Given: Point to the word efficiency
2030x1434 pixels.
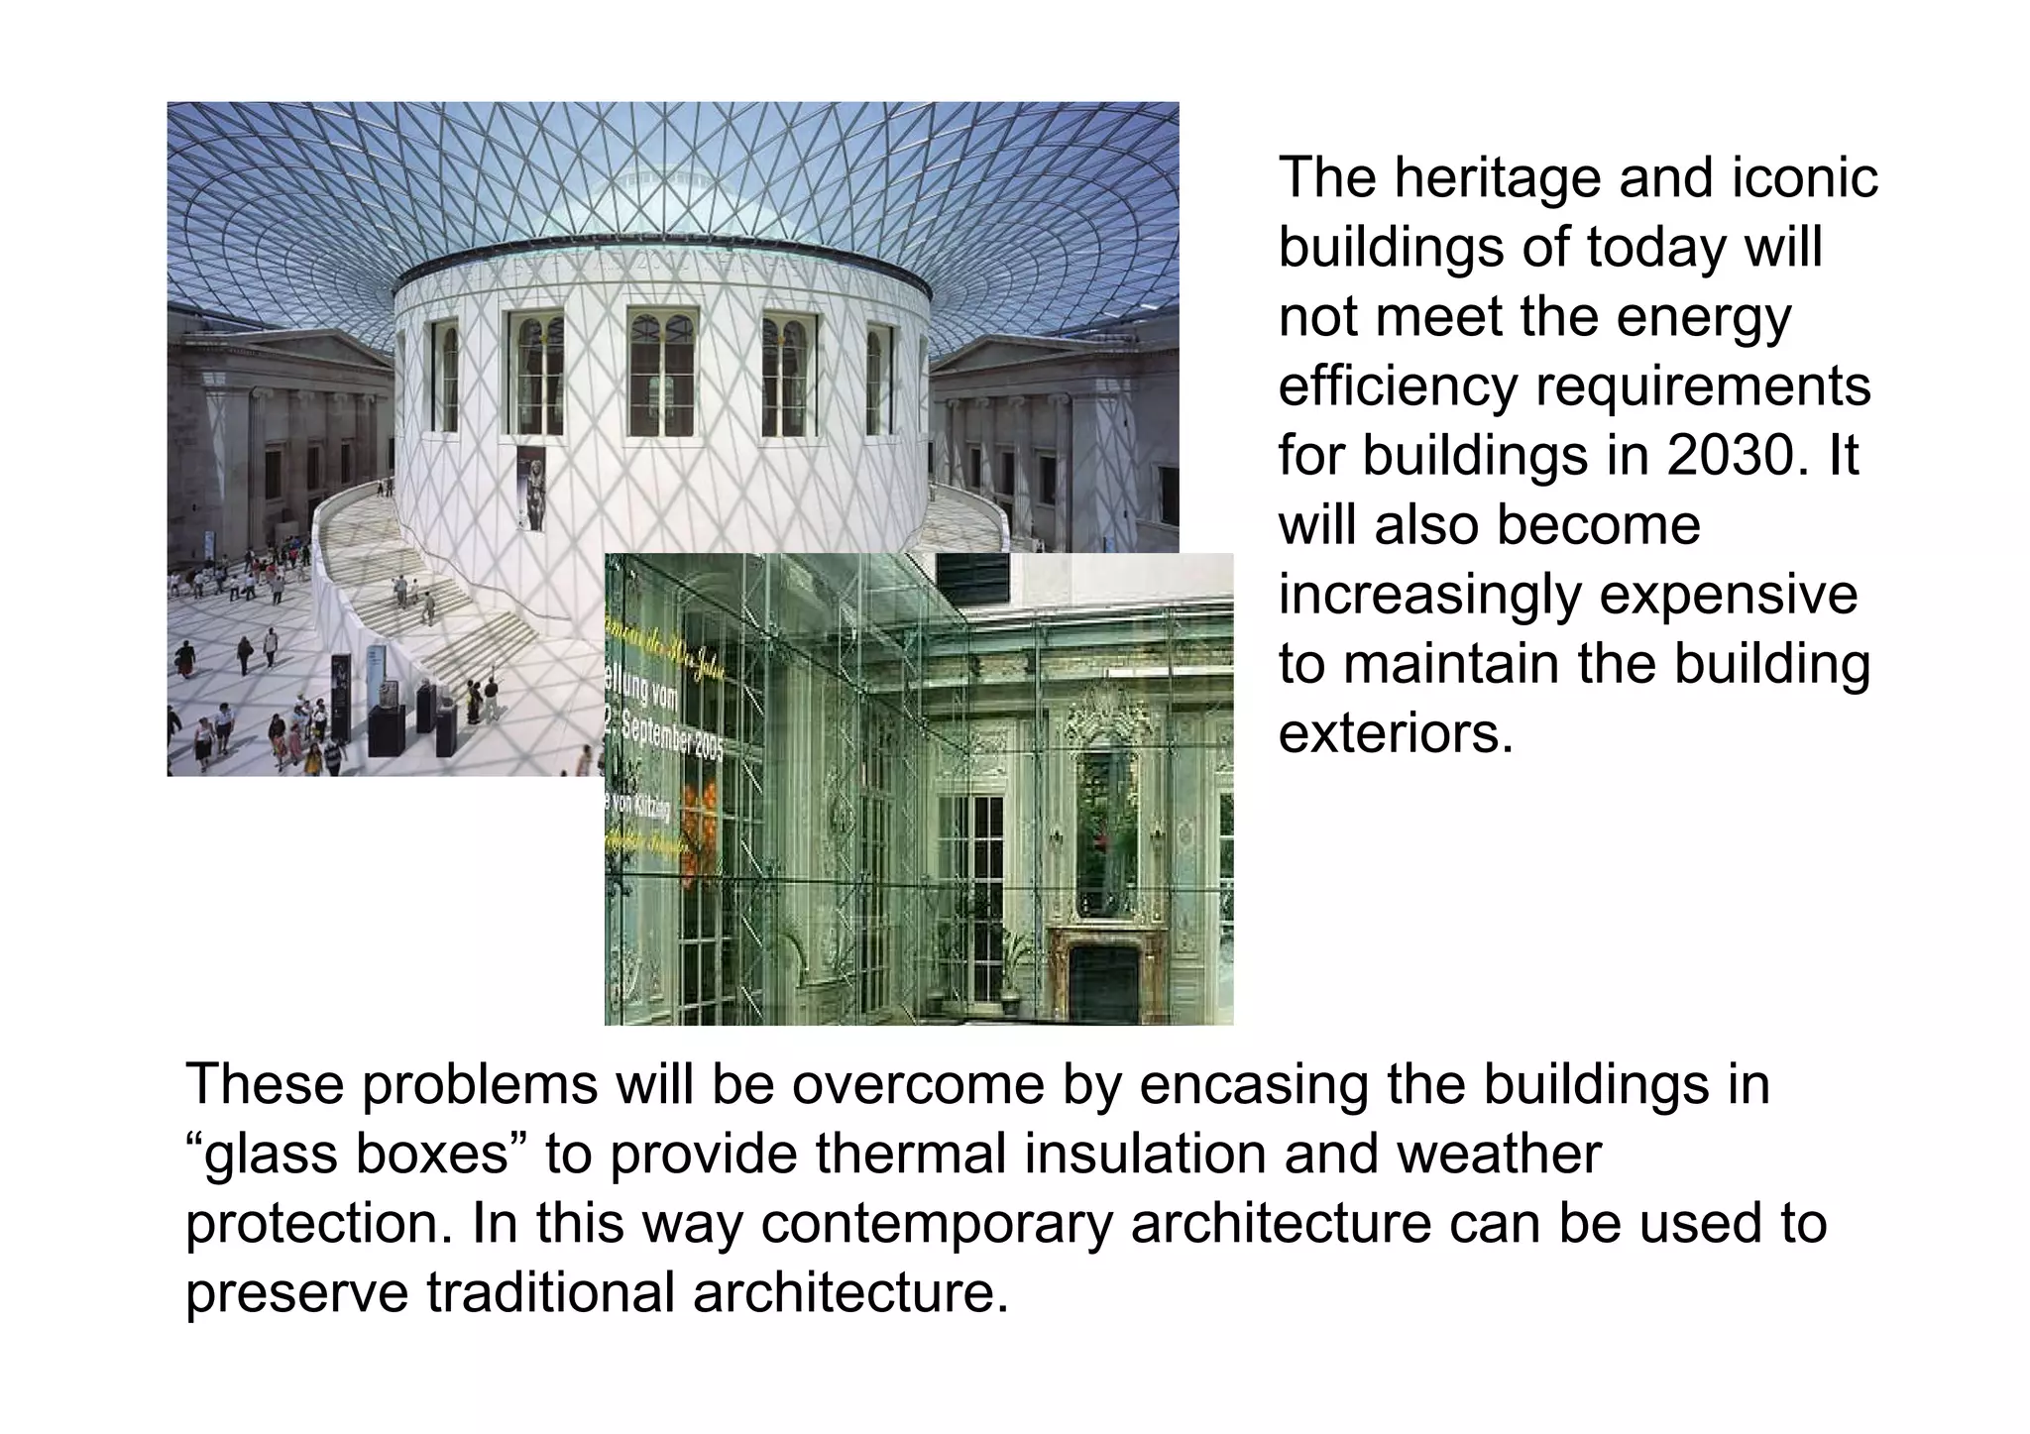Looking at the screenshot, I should (1398, 387).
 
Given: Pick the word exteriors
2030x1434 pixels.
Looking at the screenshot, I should (1396, 734).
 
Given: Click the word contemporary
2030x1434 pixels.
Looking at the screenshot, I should (937, 1224).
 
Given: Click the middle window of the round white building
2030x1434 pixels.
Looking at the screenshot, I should (663, 373).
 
